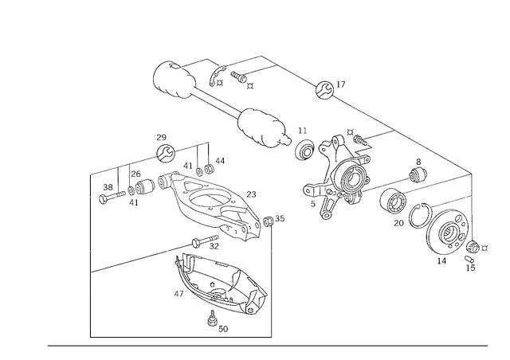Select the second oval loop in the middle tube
(260, 126)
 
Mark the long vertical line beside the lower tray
(272, 279)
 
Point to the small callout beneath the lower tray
(215, 323)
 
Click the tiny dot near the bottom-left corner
(89, 338)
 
